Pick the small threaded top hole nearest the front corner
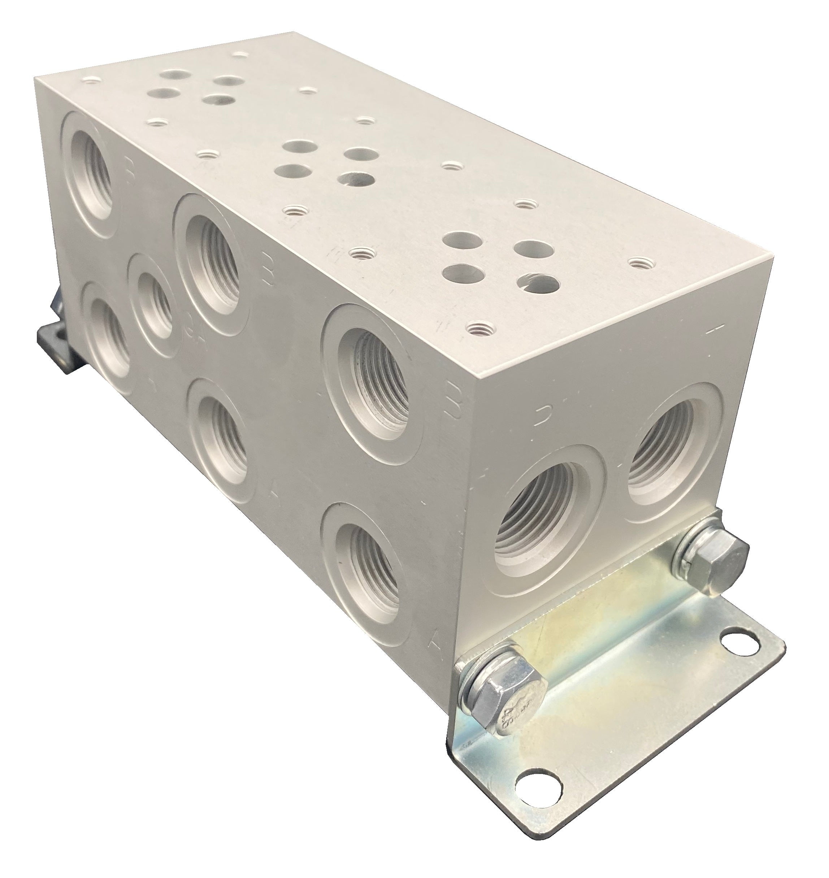tap(476, 328)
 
